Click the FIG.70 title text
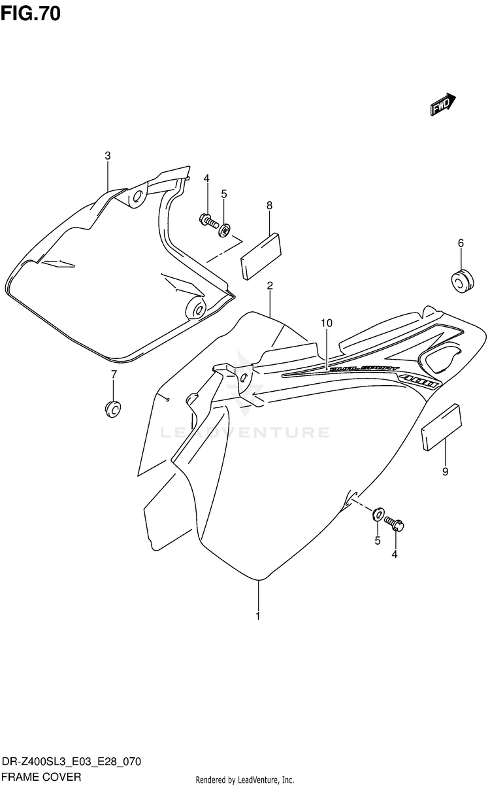pyautogui.click(x=31, y=12)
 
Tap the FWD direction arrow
pyautogui.click(x=442, y=103)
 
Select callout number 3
pyautogui.click(x=108, y=156)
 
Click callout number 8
pyautogui.click(x=269, y=205)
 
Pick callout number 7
pyautogui.click(x=113, y=374)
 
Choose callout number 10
pyautogui.click(x=327, y=323)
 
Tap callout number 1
pyautogui.click(x=258, y=616)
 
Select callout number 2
pyautogui.click(x=269, y=286)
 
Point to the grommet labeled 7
pyautogui.click(x=114, y=408)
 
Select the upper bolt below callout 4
pyautogui.click(x=208, y=221)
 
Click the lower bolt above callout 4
pyautogui.click(x=395, y=523)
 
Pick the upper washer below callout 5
pyautogui.click(x=225, y=230)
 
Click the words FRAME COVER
pyautogui.click(x=42, y=777)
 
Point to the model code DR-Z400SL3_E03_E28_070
pyautogui.click(x=72, y=762)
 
